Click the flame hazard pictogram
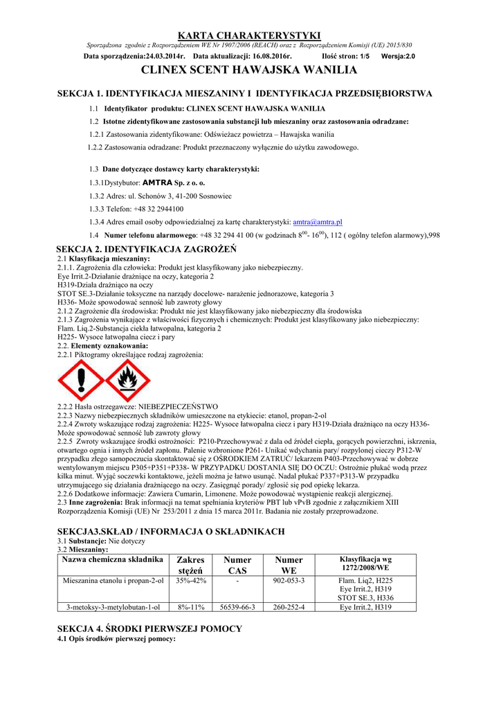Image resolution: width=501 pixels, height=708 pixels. click(x=126, y=380)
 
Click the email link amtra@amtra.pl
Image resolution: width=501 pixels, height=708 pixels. click(x=318, y=222)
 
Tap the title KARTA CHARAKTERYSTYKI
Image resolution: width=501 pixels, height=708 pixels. click(x=250, y=35)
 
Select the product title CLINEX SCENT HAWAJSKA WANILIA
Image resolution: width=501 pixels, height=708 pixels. click(x=250, y=70)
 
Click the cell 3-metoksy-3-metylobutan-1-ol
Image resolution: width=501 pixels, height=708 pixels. click(x=113, y=607)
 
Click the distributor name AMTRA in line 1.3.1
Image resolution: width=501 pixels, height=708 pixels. click(x=156, y=183)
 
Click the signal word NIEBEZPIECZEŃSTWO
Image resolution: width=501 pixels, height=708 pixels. click(x=179, y=407)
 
